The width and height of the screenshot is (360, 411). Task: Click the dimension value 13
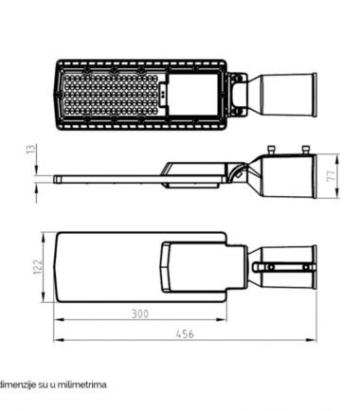point(32,150)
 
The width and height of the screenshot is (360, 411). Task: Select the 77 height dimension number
point(331,176)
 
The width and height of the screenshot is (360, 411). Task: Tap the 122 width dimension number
point(38,267)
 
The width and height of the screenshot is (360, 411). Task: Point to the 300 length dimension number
point(140,314)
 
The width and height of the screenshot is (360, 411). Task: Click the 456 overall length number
point(185,334)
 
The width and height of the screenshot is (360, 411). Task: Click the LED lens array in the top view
point(110,95)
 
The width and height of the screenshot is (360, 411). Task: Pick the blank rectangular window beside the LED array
point(192,95)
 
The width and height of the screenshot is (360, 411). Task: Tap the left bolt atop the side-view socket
point(271,150)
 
